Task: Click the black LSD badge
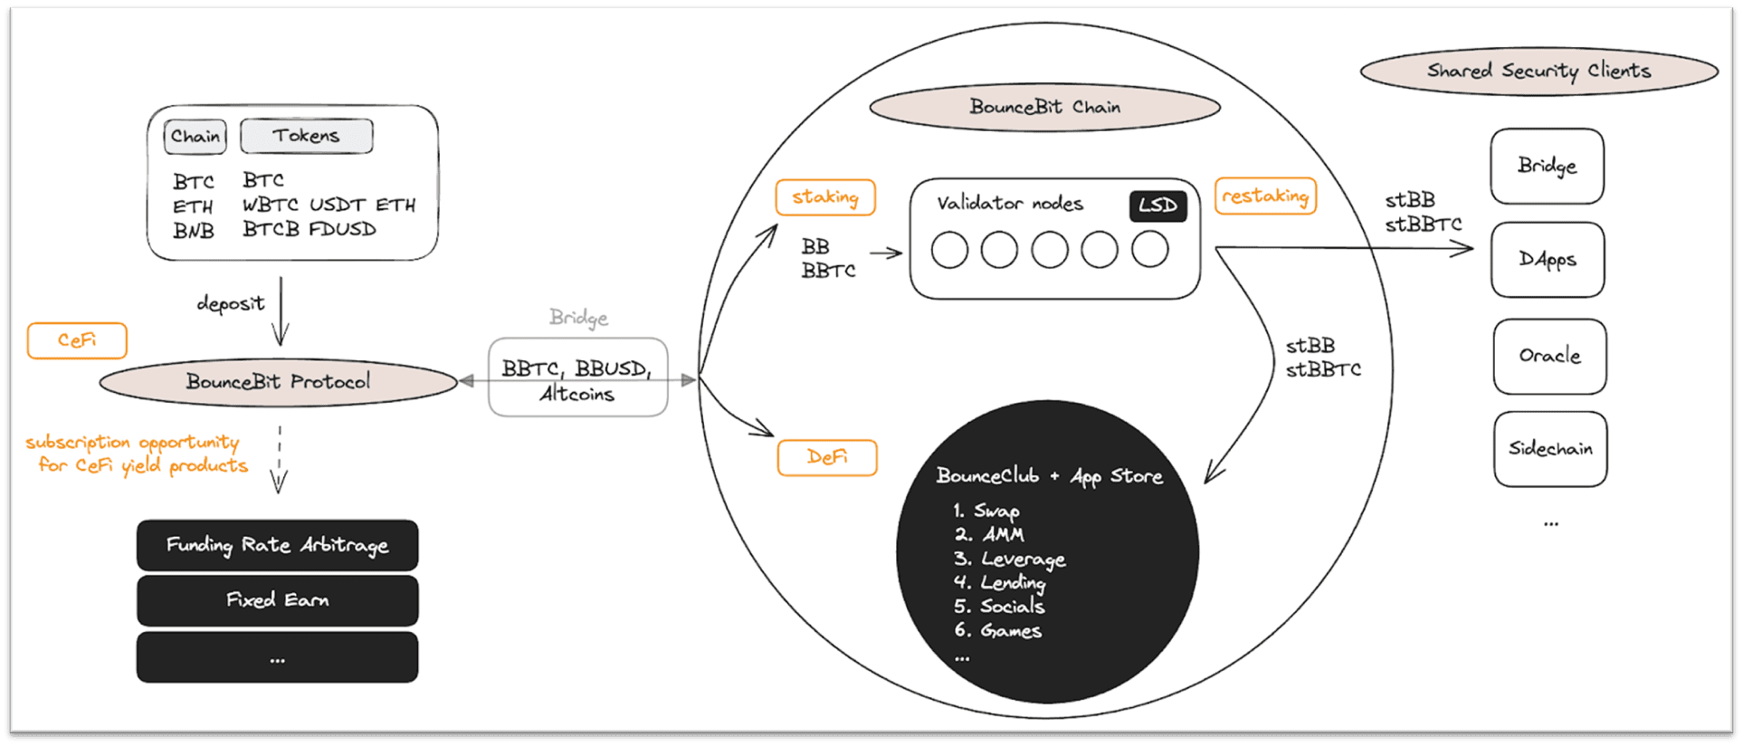(x=1157, y=206)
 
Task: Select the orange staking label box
(x=825, y=197)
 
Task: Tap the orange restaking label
(x=1265, y=196)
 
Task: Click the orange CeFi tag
(x=77, y=340)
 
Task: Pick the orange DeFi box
(x=827, y=457)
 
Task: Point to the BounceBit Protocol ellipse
(x=279, y=382)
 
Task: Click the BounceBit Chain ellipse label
(x=1044, y=107)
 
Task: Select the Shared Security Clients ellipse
(x=1538, y=71)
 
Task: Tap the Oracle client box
(x=1549, y=356)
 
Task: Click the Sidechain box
(x=1550, y=449)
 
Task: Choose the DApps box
(x=1548, y=260)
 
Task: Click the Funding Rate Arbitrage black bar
(x=278, y=545)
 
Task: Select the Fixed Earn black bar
(x=278, y=600)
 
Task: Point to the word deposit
(x=231, y=303)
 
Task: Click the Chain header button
(x=195, y=137)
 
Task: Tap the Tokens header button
(x=307, y=136)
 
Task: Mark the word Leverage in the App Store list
(x=1024, y=559)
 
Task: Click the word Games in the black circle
(x=1011, y=630)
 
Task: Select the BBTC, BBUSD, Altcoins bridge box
(x=578, y=378)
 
